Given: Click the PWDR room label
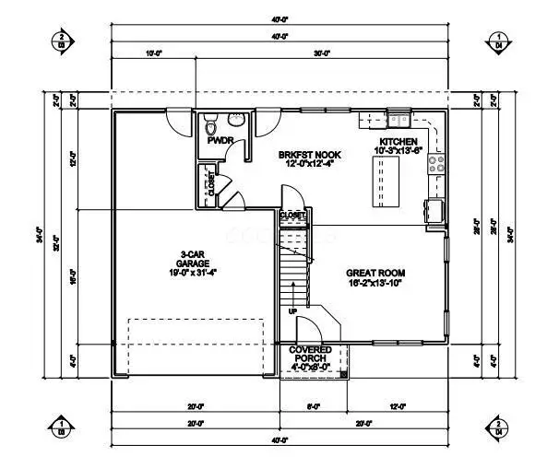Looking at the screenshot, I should click(x=218, y=141).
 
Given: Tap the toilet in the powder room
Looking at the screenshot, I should click(x=210, y=124).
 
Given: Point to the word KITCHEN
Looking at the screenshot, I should click(x=398, y=141).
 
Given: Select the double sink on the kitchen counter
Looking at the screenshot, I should click(x=399, y=119).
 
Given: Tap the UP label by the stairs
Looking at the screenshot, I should click(x=294, y=311).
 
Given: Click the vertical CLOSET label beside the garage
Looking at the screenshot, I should click(x=210, y=186).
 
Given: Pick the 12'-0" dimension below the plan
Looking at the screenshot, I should click(x=398, y=406).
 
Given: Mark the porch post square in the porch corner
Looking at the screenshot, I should click(x=345, y=374).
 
